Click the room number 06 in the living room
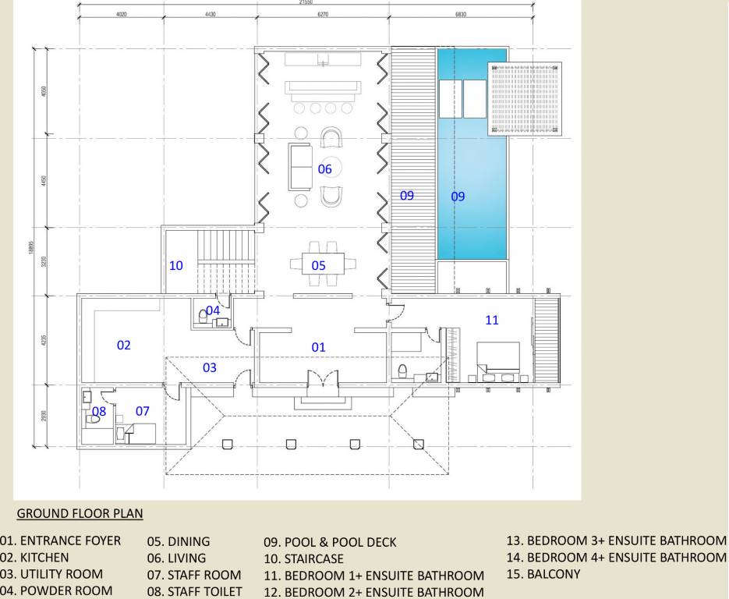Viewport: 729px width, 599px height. click(324, 169)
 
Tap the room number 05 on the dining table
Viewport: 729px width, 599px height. click(318, 266)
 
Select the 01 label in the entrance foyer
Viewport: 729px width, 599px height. click(318, 347)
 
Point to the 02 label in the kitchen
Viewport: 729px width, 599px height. click(123, 345)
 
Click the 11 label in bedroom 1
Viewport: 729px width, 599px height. click(491, 320)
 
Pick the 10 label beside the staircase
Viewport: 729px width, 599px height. click(176, 266)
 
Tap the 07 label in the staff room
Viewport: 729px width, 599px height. click(143, 411)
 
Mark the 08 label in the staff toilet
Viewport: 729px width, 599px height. click(99, 411)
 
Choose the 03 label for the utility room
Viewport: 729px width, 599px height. click(209, 367)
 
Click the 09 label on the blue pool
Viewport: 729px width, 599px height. click(458, 197)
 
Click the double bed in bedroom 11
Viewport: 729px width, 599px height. click(499, 358)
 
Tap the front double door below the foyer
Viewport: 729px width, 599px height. click(322, 383)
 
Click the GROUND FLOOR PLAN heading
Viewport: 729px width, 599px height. click(80, 514)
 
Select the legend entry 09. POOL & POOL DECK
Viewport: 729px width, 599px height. click(330, 542)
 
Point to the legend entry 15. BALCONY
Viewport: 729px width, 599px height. click(543, 574)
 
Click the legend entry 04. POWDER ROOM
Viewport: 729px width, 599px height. click(56, 590)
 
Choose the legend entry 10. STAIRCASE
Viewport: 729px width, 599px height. click(303, 558)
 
